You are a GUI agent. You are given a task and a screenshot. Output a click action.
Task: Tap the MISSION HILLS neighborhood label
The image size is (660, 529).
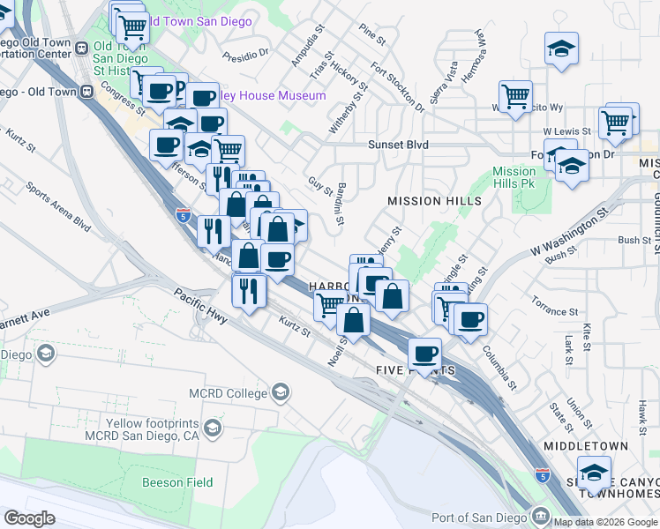(x=434, y=201)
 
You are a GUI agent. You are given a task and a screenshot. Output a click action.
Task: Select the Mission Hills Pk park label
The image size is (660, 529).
(x=514, y=178)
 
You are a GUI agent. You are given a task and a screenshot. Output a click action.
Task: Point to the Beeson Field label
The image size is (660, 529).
(x=176, y=482)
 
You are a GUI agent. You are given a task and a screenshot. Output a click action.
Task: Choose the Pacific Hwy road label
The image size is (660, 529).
(x=199, y=308)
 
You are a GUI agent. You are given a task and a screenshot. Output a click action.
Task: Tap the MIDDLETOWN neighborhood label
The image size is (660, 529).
(x=585, y=447)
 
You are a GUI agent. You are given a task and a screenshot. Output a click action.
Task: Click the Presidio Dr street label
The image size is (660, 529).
(x=245, y=56)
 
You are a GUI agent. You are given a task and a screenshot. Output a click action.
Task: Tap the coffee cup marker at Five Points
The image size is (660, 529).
(x=424, y=354)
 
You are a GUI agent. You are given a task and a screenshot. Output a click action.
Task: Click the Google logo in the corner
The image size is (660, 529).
(x=28, y=518)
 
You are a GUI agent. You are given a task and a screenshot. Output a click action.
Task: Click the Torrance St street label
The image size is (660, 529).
(x=554, y=312)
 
